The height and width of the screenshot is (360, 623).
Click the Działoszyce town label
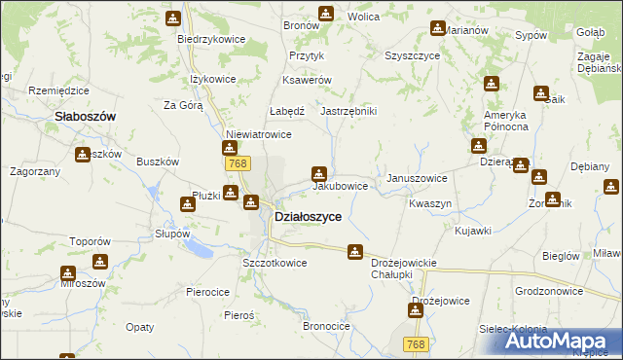coord(308,217)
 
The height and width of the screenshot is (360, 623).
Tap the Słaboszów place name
coord(86,115)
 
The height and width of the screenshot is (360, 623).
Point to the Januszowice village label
coord(417,178)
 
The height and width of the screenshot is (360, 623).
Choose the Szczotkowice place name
coord(275,263)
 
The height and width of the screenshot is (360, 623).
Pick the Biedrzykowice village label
coord(210,39)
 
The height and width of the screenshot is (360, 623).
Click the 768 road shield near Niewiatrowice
coord(235,163)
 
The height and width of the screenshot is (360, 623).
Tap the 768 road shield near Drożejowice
coord(416,344)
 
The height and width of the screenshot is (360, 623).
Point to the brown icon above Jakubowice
coord(318,173)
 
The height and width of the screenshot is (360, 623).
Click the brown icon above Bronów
coord(326,13)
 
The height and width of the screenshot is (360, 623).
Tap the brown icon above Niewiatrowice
coord(229,148)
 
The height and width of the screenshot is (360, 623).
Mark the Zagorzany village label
coord(35,170)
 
